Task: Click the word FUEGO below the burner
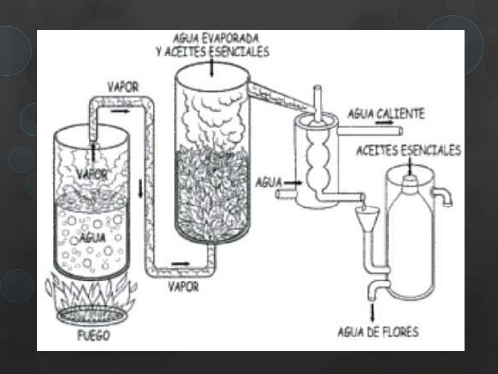[93, 336]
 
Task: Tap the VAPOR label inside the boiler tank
[91, 174]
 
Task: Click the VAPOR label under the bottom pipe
[183, 286]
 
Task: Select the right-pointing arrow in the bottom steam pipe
[180, 264]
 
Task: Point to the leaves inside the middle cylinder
[212, 195]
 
